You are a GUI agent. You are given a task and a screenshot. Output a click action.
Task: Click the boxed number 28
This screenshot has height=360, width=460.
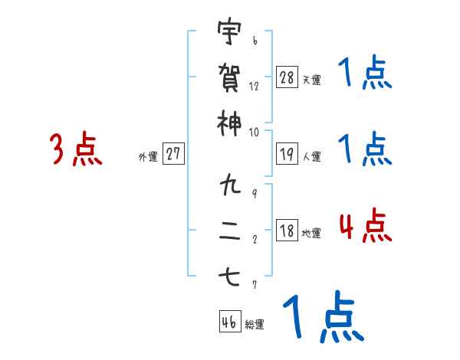coord(287,77)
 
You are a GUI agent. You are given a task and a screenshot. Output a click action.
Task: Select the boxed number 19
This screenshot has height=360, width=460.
coord(287,154)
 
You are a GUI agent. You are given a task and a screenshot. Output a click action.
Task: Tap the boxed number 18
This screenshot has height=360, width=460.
coord(287,231)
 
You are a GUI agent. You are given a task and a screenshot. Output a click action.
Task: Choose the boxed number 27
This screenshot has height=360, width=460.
coord(173,154)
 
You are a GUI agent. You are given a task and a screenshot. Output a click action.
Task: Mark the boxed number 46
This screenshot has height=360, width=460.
coord(229,322)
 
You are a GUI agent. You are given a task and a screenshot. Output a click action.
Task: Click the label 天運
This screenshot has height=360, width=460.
coord(311,80)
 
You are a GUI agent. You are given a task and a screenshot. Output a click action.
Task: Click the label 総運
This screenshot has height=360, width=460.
coord(254,325)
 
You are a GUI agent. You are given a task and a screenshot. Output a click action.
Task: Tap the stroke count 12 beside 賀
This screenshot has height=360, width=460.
coord(254,87)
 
